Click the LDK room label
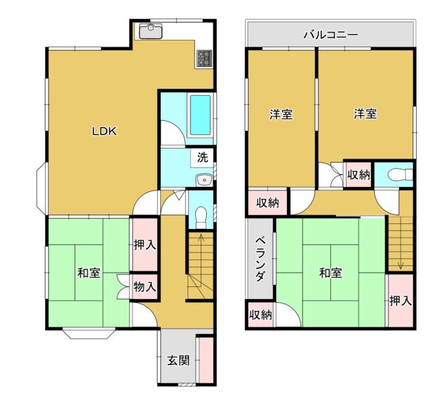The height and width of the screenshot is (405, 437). point(105,131)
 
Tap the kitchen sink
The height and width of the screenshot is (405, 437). point(151,32)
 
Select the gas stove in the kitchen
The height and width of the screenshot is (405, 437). point(205,59)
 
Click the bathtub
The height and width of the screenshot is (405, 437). point(200,115)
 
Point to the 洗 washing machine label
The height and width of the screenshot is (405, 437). point(203,157)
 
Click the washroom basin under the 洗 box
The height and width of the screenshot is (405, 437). point(205,180)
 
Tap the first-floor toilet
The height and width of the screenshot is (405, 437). point(201,217)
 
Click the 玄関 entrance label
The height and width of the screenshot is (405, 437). point(178,360)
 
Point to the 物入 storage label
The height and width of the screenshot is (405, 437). point(145,287)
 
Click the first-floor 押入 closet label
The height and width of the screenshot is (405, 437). point(145,245)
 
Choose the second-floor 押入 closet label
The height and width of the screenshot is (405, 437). point(401,301)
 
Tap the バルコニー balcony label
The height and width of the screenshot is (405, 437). point(331,35)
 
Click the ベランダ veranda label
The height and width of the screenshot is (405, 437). point(260,259)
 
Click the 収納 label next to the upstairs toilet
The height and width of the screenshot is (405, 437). point(359,175)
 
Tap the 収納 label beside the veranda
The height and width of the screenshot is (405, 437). point(261,315)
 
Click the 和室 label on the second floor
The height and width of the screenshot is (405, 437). point(330,273)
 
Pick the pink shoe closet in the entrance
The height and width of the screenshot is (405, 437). point(206,360)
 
